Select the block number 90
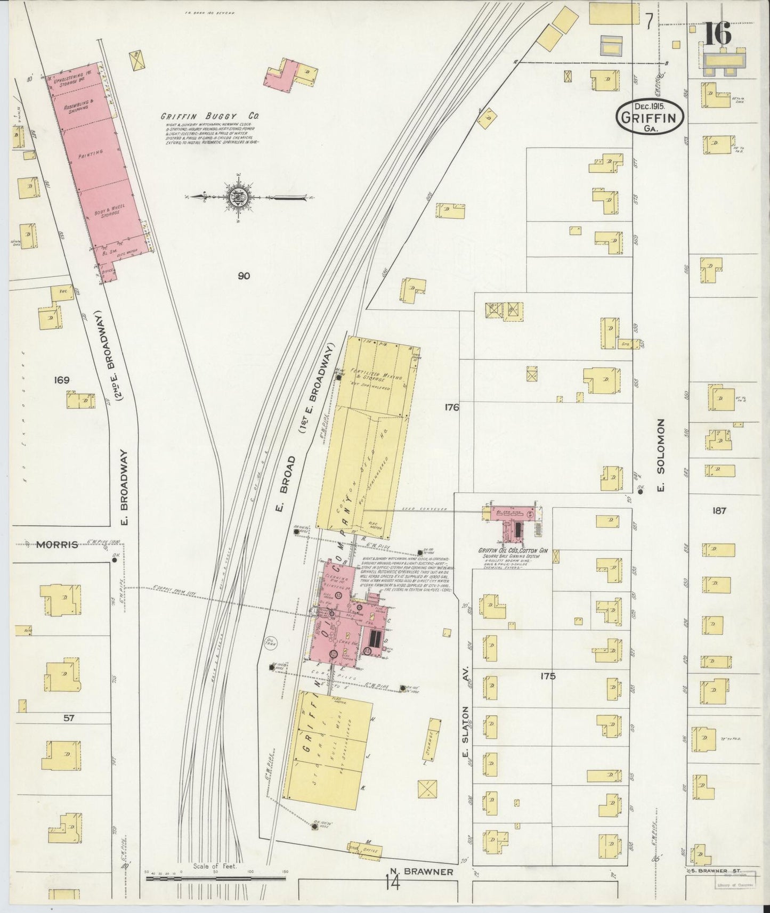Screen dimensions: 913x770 click(x=244, y=276)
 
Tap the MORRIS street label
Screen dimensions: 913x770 click(x=57, y=544)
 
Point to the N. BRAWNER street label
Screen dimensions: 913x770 click(x=422, y=872)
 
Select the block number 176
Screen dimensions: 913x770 click(x=451, y=407)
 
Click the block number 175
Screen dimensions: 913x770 click(x=547, y=676)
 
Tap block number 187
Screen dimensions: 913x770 click(x=719, y=510)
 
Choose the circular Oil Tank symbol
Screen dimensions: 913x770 click(x=271, y=642)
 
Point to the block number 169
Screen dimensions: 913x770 click(x=62, y=380)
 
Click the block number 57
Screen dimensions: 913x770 click(x=69, y=718)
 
